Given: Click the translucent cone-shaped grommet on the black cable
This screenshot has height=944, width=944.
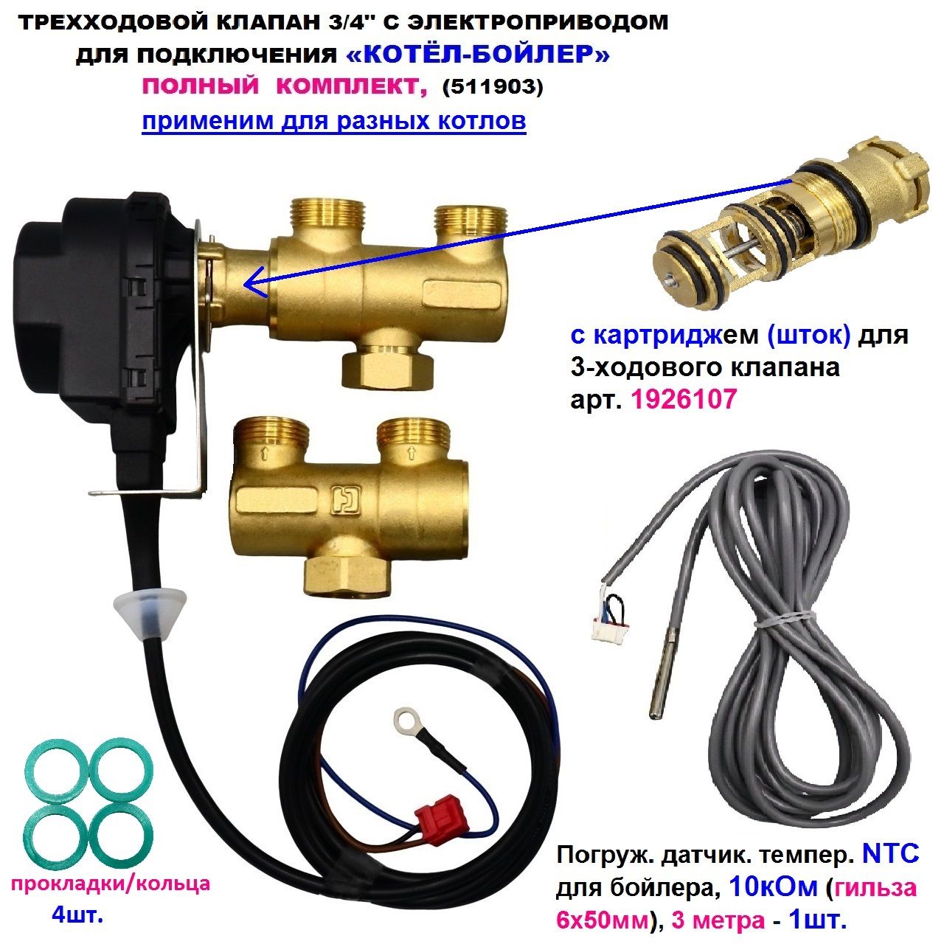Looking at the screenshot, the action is click(x=150, y=608).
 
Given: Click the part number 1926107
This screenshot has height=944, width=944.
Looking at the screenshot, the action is click(x=684, y=399).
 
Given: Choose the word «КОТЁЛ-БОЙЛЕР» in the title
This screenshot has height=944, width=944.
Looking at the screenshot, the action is click(x=478, y=55).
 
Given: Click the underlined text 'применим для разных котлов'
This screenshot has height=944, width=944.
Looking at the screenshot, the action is click(x=334, y=120).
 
